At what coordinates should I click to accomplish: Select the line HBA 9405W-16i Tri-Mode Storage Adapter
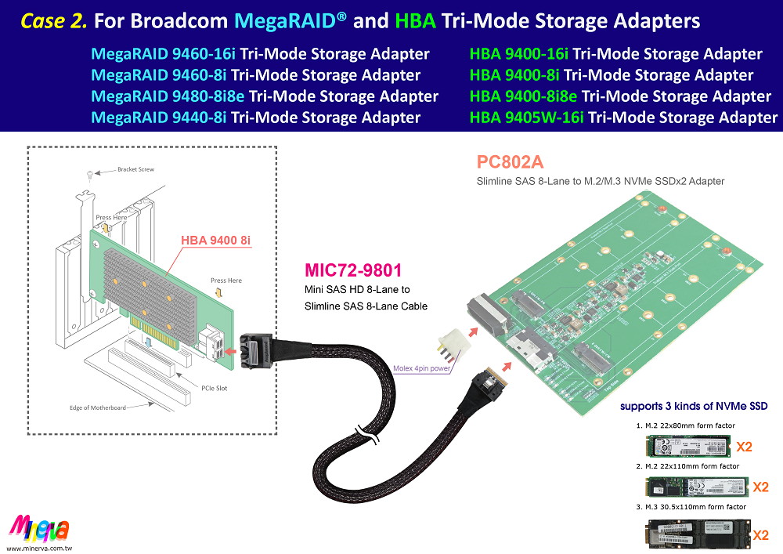coord(623,118)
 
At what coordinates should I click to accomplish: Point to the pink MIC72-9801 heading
coord(353,270)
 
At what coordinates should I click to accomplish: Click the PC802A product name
coord(510,163)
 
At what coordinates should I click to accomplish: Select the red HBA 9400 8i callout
coord(215,240)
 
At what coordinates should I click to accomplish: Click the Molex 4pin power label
coord(423,368)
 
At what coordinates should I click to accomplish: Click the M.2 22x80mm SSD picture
coord(686,447)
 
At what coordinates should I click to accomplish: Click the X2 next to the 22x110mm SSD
coord(760,487)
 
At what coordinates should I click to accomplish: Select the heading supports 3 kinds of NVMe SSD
coord(693,406)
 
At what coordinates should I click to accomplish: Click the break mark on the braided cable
coord(364,433)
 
